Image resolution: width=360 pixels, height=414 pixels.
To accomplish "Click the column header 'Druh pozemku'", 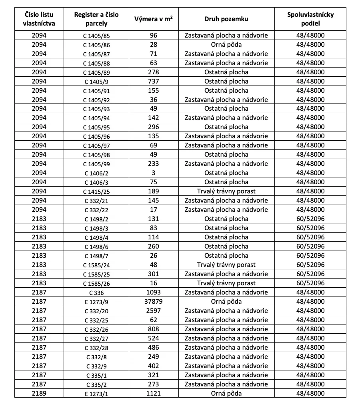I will click(x=226, y=19).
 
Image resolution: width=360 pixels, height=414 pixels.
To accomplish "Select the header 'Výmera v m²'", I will click(x=154, y=19).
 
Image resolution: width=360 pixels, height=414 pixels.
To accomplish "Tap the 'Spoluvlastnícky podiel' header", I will click(x=310, y=19).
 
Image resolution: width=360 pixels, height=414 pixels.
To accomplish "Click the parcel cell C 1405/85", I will click(x=96, y=36).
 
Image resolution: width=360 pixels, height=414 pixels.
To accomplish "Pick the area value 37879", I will click(x=154, y=302).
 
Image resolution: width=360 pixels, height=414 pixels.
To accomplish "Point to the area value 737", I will click(x=154, y=82).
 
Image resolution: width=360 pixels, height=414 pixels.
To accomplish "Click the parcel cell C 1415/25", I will click(x=96, y=192).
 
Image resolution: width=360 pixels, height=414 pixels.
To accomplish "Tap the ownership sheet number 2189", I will click(x=39, y=394).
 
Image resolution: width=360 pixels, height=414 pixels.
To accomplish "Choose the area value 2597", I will click(x=154, y=311).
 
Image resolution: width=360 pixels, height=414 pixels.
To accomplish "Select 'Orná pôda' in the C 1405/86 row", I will click(x=226, y=45).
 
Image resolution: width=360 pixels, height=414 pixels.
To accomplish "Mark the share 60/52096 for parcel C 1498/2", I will click(x=310, y=219).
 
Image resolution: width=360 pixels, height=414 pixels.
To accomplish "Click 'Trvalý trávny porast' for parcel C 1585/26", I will click(x=226, y=283).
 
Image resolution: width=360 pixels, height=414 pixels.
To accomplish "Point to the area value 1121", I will click(x=154, y=394).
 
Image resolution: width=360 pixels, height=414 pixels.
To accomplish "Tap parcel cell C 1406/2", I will click(x=96, y=173).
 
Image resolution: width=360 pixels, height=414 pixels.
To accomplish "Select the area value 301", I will click(x=154, y=274).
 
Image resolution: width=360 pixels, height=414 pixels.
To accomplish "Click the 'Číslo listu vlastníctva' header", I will click(x=39, y=19).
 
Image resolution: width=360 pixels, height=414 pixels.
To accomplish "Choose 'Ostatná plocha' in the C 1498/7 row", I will click(x=226, y=256).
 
